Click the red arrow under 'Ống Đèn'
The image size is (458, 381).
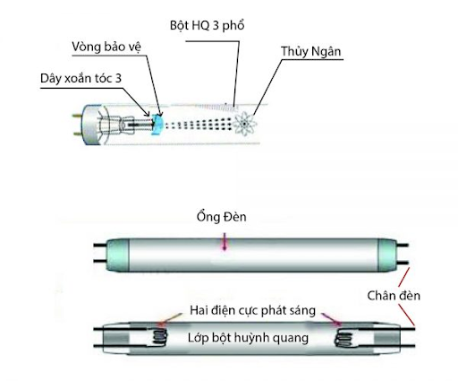click(x=224, y=243)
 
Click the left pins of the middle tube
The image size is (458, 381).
click(x=93, y=257)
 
